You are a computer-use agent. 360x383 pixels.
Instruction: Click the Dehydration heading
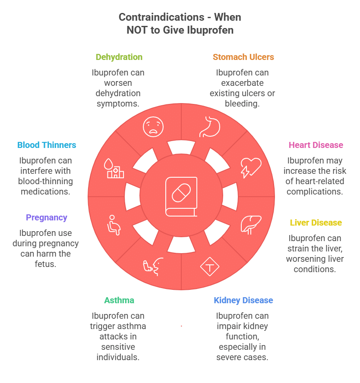[x=119, y=57]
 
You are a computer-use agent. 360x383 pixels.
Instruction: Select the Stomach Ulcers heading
[x=243, y=57]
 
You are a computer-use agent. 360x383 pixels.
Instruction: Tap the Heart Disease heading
[x=316, y=145]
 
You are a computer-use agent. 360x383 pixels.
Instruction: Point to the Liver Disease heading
[x=316, y=223]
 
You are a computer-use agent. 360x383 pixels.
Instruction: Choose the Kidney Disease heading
[x=243, y=300]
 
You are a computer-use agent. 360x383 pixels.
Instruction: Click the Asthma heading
[x=119, y=300]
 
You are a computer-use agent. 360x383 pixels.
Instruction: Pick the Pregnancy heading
[x=46, y=217]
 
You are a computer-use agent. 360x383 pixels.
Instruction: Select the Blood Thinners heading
[x=46, y=145]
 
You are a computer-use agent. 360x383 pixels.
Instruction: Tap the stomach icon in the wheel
[x=210, y=127]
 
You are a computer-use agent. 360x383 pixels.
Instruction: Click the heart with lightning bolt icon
[x=251, y=168]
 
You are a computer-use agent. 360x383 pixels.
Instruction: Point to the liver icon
[x=251, y=224]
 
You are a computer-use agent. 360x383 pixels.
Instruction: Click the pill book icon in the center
[x=181, y=196]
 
